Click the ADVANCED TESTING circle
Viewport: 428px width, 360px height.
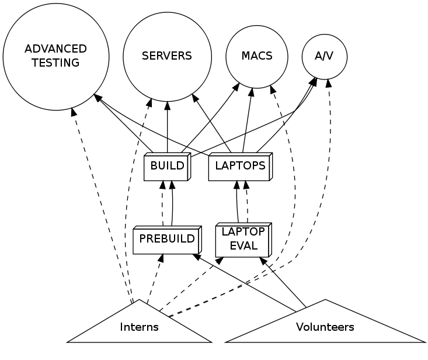[56, 57]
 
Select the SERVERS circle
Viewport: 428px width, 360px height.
[167, 57]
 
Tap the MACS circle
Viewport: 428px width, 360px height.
[257, 57]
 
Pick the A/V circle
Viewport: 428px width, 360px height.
[325, 57]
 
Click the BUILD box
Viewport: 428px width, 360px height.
[167, 166]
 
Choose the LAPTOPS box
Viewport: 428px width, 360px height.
[240, 166]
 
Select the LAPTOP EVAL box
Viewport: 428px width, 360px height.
[243, 239]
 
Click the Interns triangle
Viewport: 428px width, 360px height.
[139, 327]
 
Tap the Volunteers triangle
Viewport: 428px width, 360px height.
[325, 327]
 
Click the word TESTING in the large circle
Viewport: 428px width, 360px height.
[56, 63]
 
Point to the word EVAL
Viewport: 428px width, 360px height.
[243, 245]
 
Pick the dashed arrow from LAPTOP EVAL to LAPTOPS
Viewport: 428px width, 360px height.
[247, 202]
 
